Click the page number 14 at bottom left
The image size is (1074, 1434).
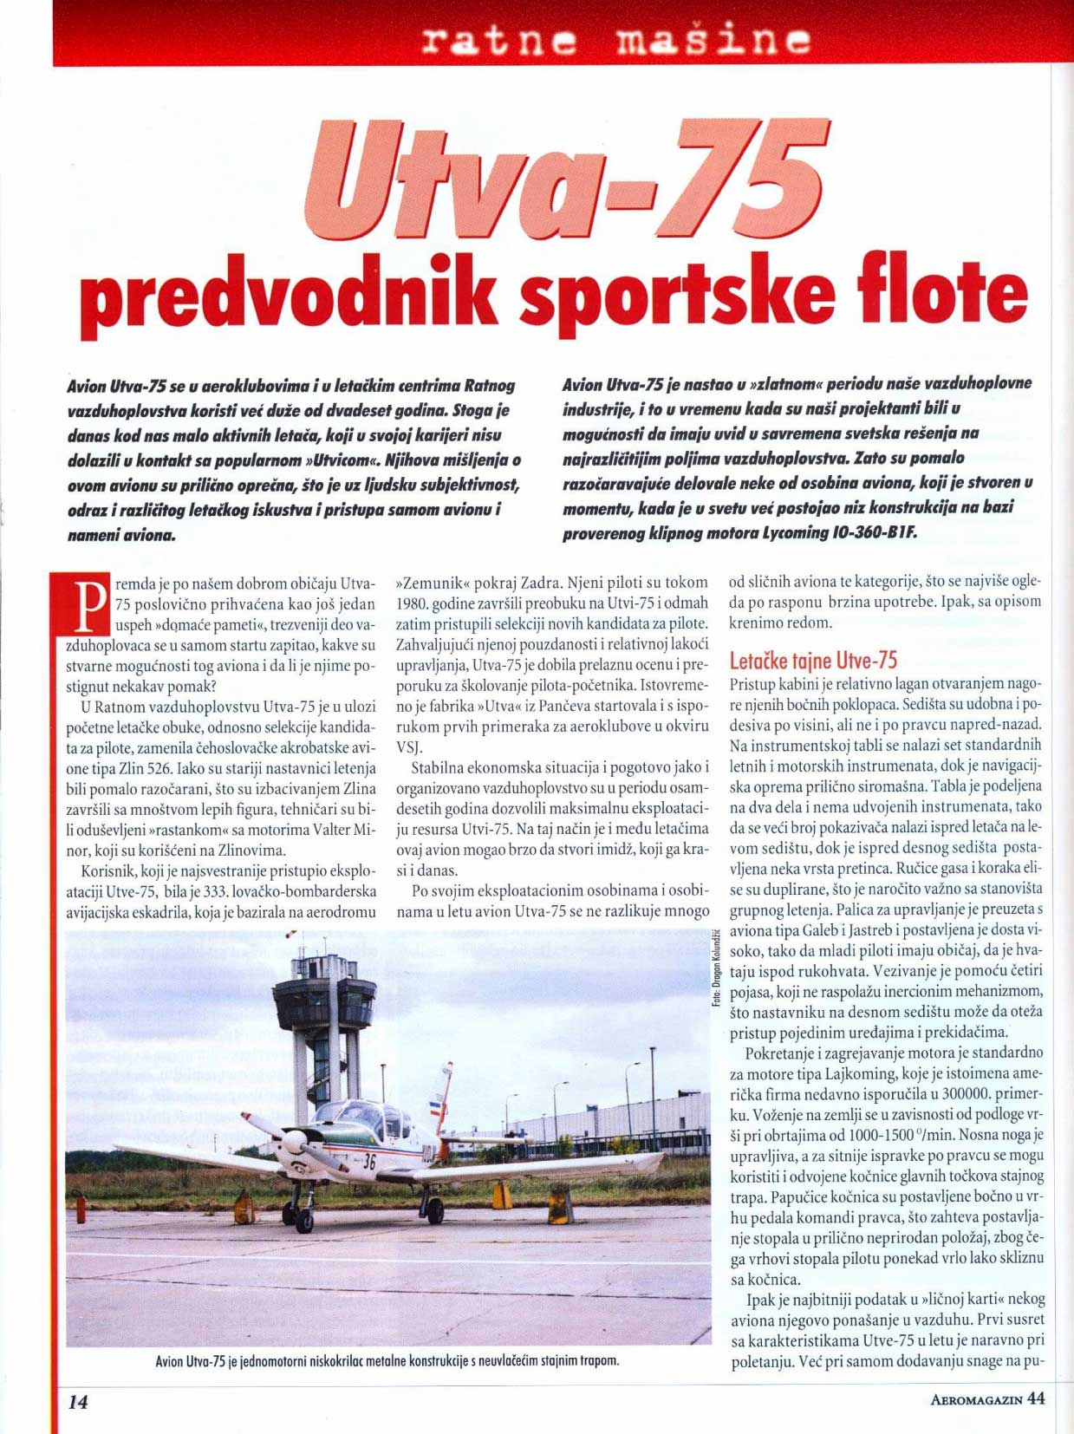click(x=79, y=1401)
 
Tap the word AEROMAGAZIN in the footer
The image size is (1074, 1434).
click(x=976, y=1399)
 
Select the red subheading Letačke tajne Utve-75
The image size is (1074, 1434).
click(x=813, y=661)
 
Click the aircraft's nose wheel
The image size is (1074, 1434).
click(x=303, y=1222)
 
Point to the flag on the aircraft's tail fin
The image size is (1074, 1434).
click(x=436, y=1108)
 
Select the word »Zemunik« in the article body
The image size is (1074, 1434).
click(x=430, y=582)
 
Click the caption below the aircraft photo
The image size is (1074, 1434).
click(x=387, y=1360)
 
